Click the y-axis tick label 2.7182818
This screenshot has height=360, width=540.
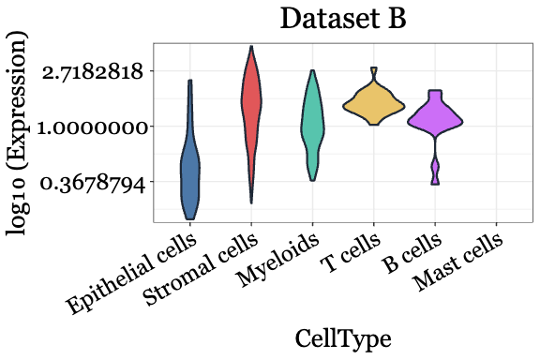(x=92, y=71)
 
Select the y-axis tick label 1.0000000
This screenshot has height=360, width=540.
(x=92, y=127)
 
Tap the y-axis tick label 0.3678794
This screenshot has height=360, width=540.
(x=92, y=183)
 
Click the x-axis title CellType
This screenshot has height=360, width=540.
(x=342, y=337)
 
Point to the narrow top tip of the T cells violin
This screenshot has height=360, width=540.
(x=373, y=72)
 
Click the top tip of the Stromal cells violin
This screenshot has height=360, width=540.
(x=250, y=49)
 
